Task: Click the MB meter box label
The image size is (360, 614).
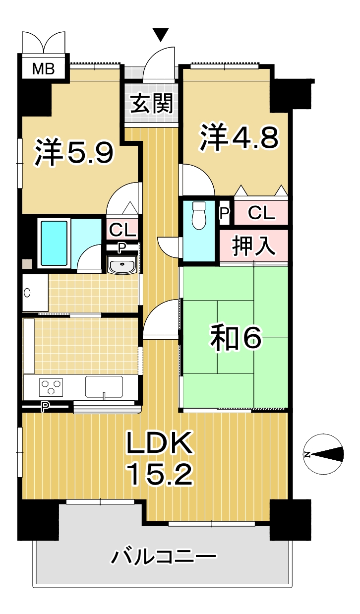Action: coord(43,69)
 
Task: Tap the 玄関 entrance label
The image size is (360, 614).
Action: coord(152,103)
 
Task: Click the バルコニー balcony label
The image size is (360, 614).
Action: coord(163,556)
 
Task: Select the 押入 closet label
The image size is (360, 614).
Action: coord(254,246)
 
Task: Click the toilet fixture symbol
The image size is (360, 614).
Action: coord(199,216)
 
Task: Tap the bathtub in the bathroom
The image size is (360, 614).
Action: coord(54,243)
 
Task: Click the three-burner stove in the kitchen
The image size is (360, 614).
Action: coord(51,387)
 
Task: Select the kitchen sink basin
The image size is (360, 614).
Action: coord(104,387)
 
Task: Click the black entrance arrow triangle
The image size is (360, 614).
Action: coord(161,35)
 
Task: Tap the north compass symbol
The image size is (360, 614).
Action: coord(324,454)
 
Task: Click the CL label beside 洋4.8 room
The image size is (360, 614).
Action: coord(261,213)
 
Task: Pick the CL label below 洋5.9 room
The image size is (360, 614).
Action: coord(122,230)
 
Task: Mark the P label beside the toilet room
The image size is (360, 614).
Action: coord(225,213)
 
